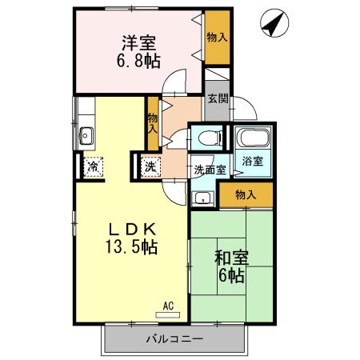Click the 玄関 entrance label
(217, 99)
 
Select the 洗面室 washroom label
(210, 170)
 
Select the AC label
(168, 306)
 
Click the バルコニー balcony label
(174, 339)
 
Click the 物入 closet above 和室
(245, 194)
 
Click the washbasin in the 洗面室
(202, 198)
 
